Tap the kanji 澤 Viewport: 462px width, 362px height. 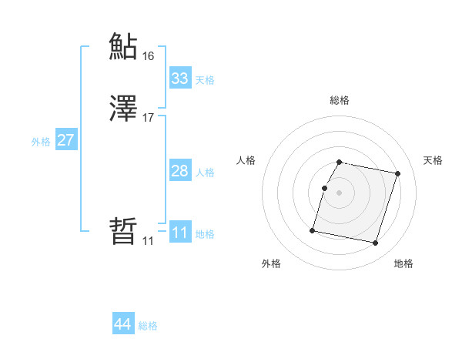(x=122, y=109)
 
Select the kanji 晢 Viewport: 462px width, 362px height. (x=122, y=232)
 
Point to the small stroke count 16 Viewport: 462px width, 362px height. (x=148, y=56)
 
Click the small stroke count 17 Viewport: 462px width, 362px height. (x=148, y=118)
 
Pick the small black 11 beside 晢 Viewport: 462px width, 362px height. (x=148, y=241)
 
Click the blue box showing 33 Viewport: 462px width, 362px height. (x=179, y=79)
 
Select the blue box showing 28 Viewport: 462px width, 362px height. (x=179, y=171)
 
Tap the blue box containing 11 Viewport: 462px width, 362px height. (x=179, y=233)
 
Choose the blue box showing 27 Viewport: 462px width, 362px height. (x=65, y=140)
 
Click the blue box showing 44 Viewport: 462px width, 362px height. (x=122, y=325)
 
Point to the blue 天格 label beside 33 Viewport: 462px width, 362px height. (x=204, y=80)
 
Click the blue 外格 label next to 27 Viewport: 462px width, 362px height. (x=40, y=142)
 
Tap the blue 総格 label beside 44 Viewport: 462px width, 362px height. (x=148, y=327)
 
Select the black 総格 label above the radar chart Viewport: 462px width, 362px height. (x=339, y=100)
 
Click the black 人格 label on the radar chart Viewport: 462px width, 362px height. (x=246, y=160)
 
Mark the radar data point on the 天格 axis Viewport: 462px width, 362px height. (x=397, y=174)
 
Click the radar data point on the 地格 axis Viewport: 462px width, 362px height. (x=375, y=243)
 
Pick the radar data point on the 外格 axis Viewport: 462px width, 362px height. (x=313, y=230)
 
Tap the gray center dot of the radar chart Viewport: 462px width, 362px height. (x=339, y=193)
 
